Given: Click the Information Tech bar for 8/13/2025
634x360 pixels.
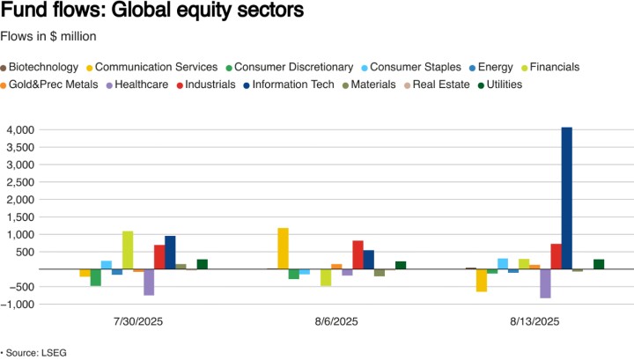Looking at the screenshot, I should pos(567,198).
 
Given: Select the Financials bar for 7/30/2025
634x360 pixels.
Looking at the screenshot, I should pos(128,250).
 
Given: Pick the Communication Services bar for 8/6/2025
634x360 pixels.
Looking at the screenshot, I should pos(284,248).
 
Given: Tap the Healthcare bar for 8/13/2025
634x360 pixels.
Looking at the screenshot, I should pos(546,283).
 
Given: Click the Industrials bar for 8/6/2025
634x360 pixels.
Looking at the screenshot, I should pos(358,254).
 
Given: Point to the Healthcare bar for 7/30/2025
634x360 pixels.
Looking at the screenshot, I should pos(149,282).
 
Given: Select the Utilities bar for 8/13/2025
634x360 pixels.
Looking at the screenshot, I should pos(600,264).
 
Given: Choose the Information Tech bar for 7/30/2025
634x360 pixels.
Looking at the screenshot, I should pos(170,252).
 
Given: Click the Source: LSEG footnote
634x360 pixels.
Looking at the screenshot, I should pos(34,352).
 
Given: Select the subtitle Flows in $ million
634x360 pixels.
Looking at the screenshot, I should pos(54,36).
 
